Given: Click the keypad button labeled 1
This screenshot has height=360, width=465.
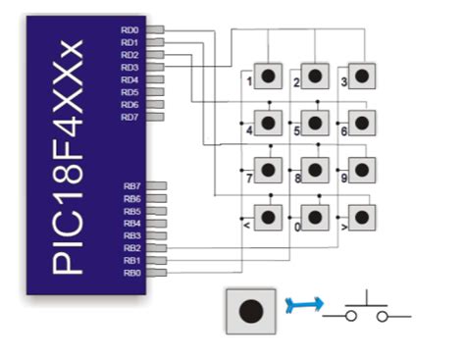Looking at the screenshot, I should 267,76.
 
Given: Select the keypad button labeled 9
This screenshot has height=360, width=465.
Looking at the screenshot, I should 362,169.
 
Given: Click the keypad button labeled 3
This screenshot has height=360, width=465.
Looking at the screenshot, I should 362,76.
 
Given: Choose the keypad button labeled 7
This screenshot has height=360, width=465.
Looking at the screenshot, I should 267,169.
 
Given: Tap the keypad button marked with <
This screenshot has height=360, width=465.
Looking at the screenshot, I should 267,216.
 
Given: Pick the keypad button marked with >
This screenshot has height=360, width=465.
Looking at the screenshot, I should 362,216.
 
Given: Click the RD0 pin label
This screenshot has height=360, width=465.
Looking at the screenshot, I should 129,31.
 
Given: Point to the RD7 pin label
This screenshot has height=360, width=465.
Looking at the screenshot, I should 129,118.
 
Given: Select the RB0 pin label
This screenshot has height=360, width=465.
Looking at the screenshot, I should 130,273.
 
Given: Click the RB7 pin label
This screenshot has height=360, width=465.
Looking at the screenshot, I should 130,185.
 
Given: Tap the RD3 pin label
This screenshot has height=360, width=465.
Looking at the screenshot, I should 129,68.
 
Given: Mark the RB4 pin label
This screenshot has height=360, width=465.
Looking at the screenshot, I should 130,223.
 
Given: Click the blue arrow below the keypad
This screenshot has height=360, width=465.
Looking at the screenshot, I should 299,308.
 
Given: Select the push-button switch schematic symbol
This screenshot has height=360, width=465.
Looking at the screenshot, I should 369,309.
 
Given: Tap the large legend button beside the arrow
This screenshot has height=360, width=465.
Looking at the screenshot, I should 251,310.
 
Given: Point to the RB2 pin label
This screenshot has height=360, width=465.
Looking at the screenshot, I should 130,248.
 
